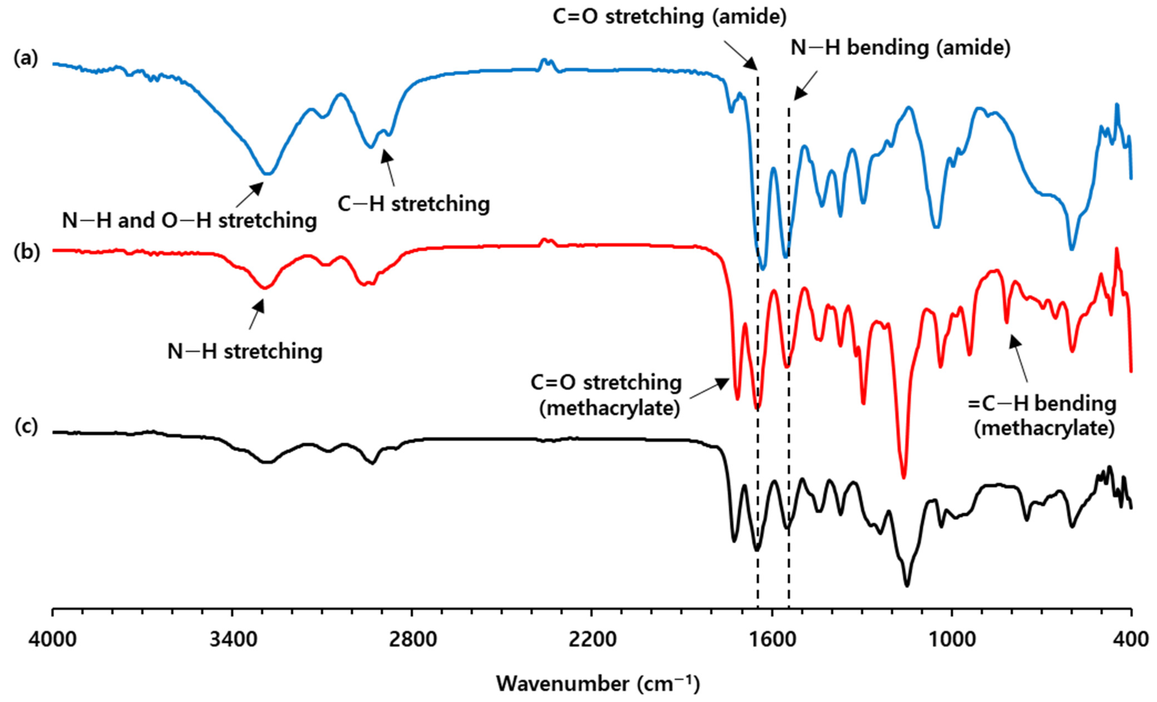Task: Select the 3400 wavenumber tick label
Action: point(232,640)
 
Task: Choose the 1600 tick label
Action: point(772,640)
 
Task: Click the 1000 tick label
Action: point(951,640)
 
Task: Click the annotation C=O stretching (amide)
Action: point(669,17)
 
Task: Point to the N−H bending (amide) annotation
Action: point(900,48)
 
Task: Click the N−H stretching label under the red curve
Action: point(245,352)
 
